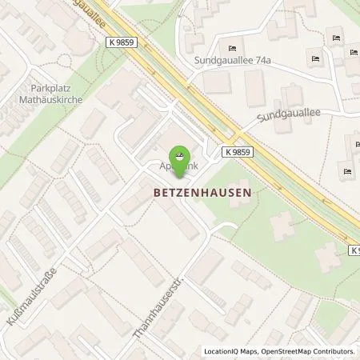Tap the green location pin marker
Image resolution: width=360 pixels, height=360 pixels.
tap(181, 160)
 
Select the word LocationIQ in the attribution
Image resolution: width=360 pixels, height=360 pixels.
tap(219, 351)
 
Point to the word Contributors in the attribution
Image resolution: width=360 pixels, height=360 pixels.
tap(333, 351)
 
